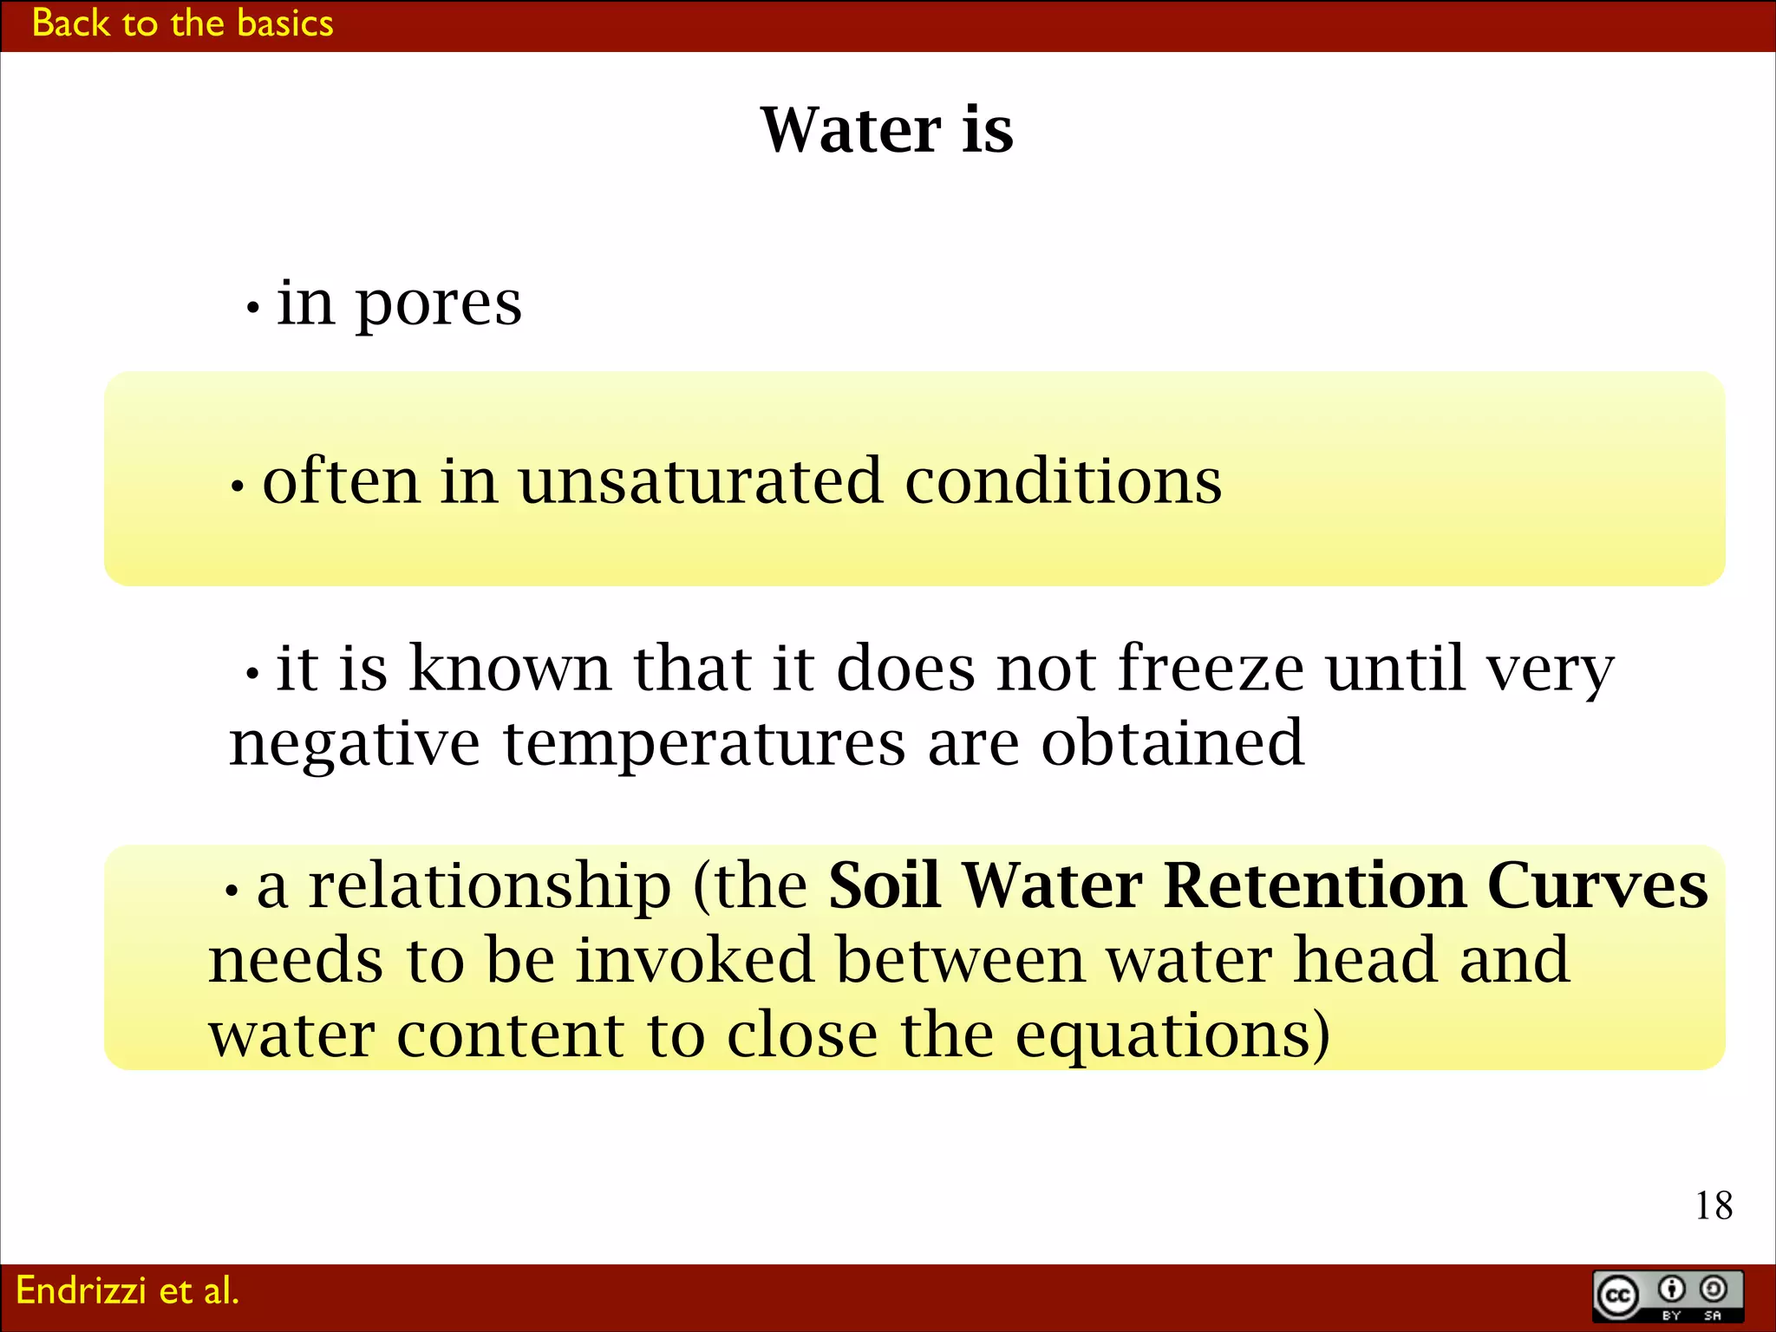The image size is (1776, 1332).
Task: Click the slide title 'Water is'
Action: [x=886, y=130]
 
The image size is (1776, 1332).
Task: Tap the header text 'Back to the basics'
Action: [x=182, y=23]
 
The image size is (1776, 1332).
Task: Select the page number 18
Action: [x=1714, y=1205]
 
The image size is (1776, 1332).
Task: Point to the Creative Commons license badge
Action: [x=1667, y=1296]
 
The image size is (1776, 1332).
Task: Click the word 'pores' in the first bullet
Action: [x=439, y=305]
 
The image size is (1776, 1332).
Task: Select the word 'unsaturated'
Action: [x=701, y=481]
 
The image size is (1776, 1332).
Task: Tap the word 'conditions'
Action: [x=1063, y=481]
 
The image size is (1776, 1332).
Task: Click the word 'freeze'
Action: [x=1211, y=669]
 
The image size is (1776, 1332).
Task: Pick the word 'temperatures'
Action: [x=704, y=744]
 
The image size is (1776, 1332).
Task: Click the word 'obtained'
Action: [x=1172, y=743]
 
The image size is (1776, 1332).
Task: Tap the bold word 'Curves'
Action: [x=1597, y=885]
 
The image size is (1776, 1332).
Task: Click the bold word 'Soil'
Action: [x=885, y=885]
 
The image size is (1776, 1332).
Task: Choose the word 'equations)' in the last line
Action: [x=1172, y=1037]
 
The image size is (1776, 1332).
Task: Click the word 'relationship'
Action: [x=490, y=885]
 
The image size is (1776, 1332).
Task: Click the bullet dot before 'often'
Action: [x=238, y=486]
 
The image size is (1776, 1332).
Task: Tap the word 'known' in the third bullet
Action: [x=510, y=669]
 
